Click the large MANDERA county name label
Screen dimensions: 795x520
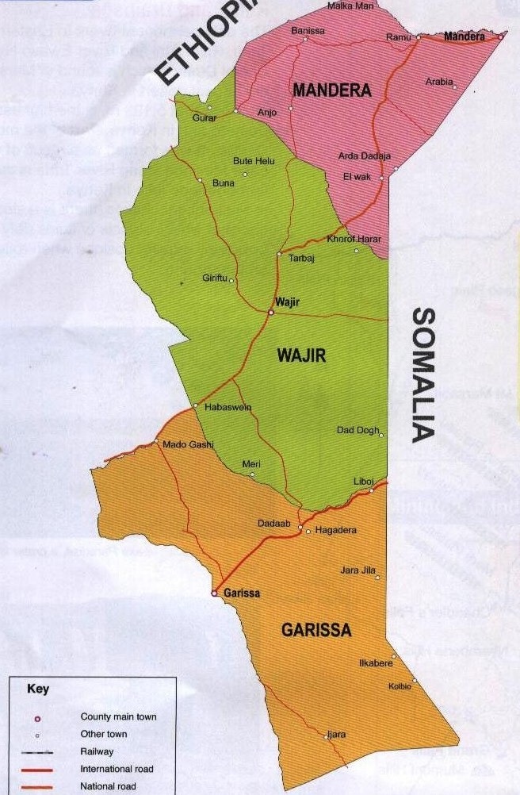click(331, 90)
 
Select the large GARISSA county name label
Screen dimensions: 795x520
click(316, 631)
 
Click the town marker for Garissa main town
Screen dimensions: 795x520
click(214, 593)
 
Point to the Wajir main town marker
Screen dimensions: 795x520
click(270, 312)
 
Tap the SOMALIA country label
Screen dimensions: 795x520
click(424, 374)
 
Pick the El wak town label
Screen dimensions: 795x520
click(357, 177)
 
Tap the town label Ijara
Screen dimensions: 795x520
click(336, 735)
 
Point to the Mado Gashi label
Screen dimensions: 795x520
click(184, 445)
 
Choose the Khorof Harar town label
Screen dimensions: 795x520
click(354, 240)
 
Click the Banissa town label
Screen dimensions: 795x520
click(308, 31)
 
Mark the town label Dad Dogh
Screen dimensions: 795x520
click(358, 431)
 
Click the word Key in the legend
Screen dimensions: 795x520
click(38, 689)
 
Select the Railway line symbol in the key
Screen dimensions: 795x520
click(36, 751)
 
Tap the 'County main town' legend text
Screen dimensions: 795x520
click(118, 717)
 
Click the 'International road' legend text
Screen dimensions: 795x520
click(117, 769)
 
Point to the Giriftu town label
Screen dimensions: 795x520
click(215, 278)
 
